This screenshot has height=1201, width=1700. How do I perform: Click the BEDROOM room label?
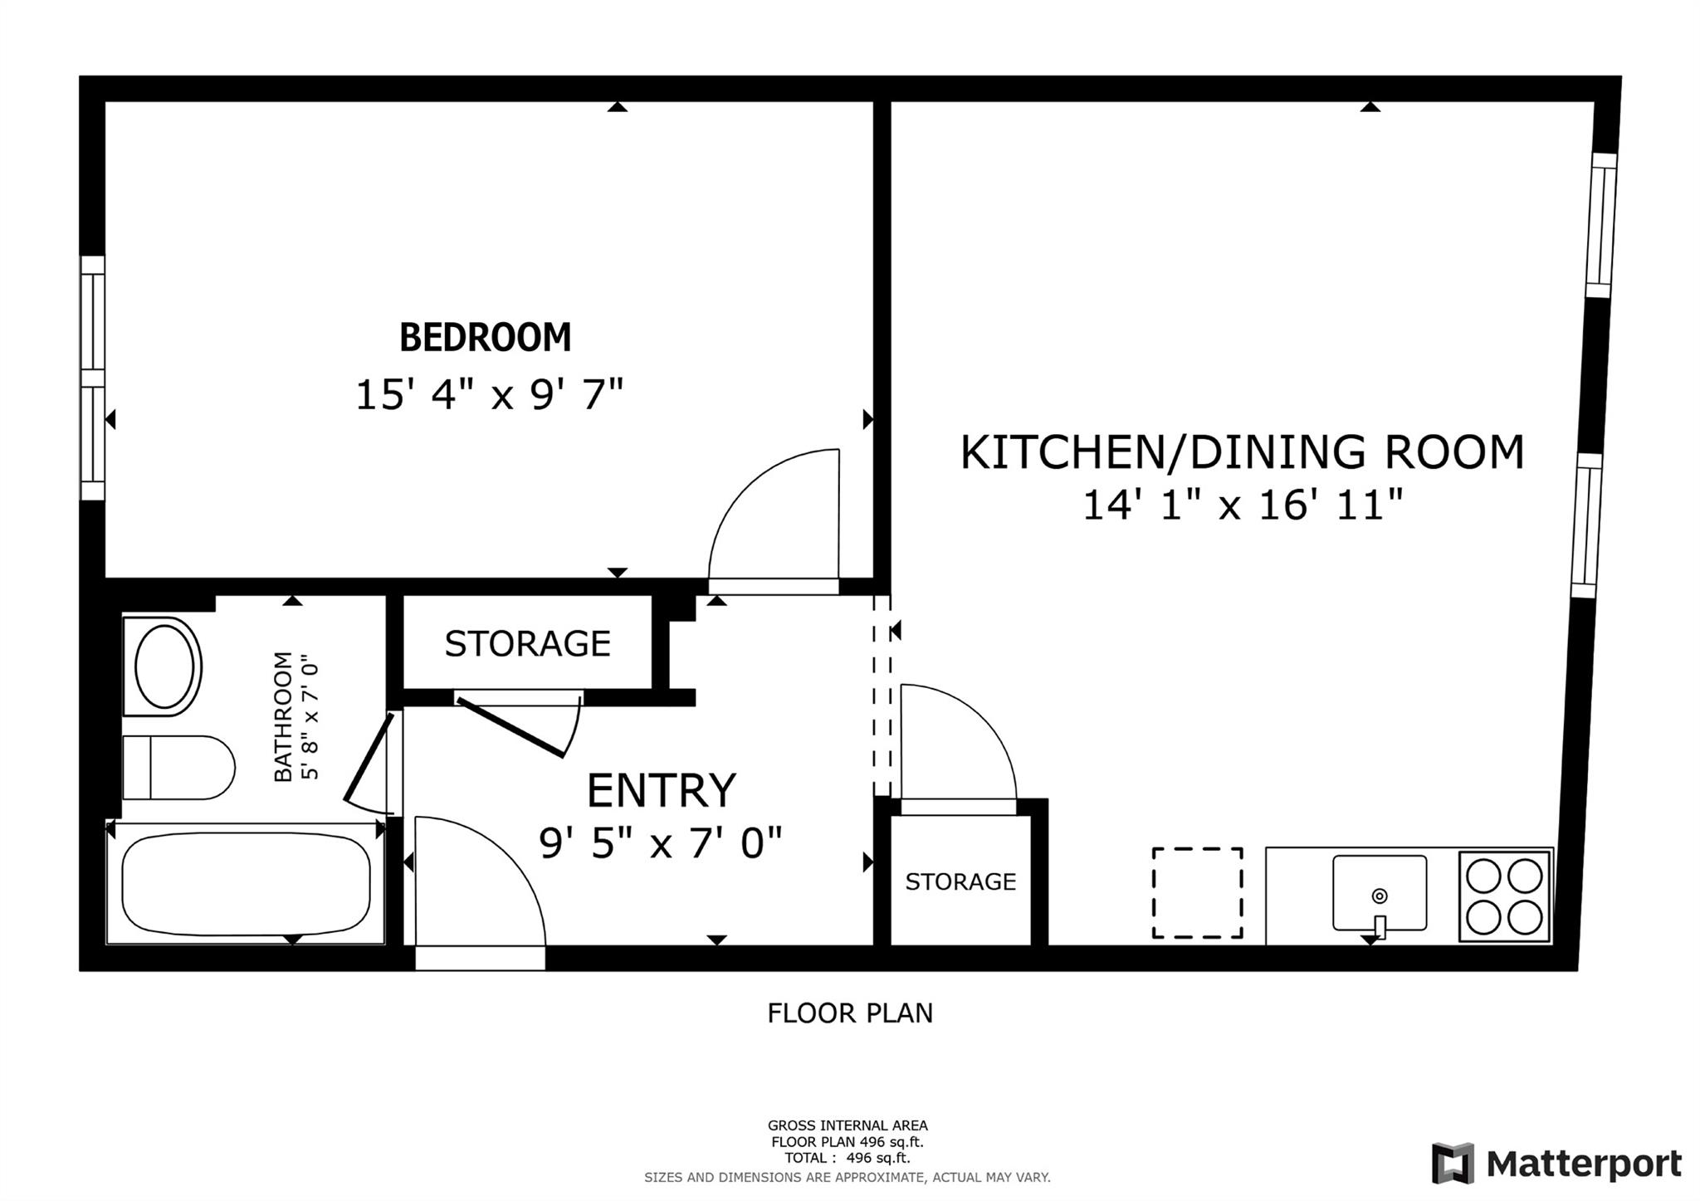coord(486,337)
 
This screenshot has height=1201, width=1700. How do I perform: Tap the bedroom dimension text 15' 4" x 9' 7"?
coord(489,394)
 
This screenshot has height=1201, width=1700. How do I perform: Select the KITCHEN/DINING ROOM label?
coord(1243,452)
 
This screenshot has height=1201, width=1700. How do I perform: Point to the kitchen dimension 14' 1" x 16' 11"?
coord(1243,505)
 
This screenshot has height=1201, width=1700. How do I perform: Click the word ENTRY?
coord(662,790)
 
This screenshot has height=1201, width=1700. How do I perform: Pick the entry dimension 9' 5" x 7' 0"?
coord(661,844)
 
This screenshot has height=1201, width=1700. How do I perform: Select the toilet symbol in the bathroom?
coord(178,768)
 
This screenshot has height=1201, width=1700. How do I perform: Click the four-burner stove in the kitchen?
coord(1505,896)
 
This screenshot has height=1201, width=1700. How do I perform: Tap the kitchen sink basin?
coord(1380,893)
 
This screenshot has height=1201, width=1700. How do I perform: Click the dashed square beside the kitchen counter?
coord(1198,893)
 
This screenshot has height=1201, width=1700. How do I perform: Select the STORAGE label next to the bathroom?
coord(528,644)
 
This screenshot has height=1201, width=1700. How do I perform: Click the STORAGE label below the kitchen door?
coord(960,881)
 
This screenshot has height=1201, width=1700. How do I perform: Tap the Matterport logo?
coord(1556,1164)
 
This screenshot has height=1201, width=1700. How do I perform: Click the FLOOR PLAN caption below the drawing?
coord(850,1013)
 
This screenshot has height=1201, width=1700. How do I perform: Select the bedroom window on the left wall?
coord(93,378)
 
